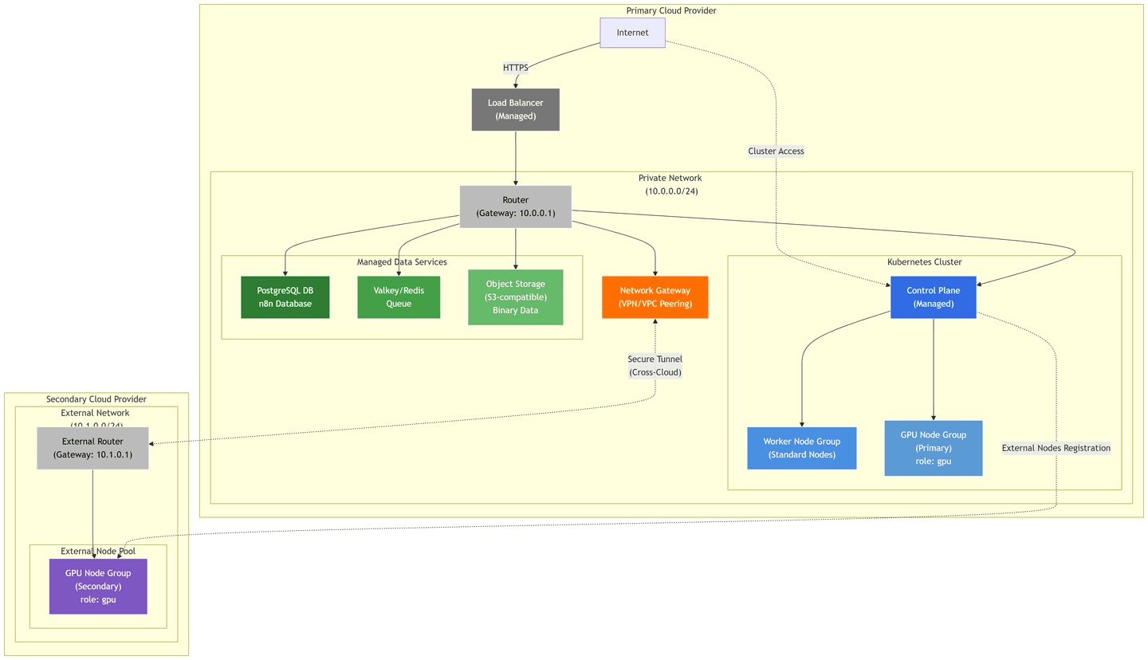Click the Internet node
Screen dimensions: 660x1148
point(632,33)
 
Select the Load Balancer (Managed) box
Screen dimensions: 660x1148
point(515,109)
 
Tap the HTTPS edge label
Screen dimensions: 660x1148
point(515,68)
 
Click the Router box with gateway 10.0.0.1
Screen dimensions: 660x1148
point(515,206)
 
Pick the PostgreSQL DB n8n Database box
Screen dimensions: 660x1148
point(285,297)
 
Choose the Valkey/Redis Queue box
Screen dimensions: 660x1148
point(399,297)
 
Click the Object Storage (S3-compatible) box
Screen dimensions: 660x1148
point(515,297)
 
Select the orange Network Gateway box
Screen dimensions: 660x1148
point(655,297)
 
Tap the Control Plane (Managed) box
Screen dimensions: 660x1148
point(933,297)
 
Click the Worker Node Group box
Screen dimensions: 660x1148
point(801,448)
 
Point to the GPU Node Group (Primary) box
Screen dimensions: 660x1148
point(933,448)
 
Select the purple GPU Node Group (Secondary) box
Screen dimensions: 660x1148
point(98,586)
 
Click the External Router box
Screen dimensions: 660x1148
point(92,448)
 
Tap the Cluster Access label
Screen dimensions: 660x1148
point(776,151)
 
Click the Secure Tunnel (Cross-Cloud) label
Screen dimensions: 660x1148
point(655,366)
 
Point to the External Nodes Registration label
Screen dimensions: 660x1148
point(1056,448)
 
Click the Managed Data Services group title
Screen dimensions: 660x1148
point(402,262)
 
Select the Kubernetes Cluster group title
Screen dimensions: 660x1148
point(924,262)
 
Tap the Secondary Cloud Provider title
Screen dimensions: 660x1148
point(96,399)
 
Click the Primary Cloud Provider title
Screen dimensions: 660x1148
point(671,10)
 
